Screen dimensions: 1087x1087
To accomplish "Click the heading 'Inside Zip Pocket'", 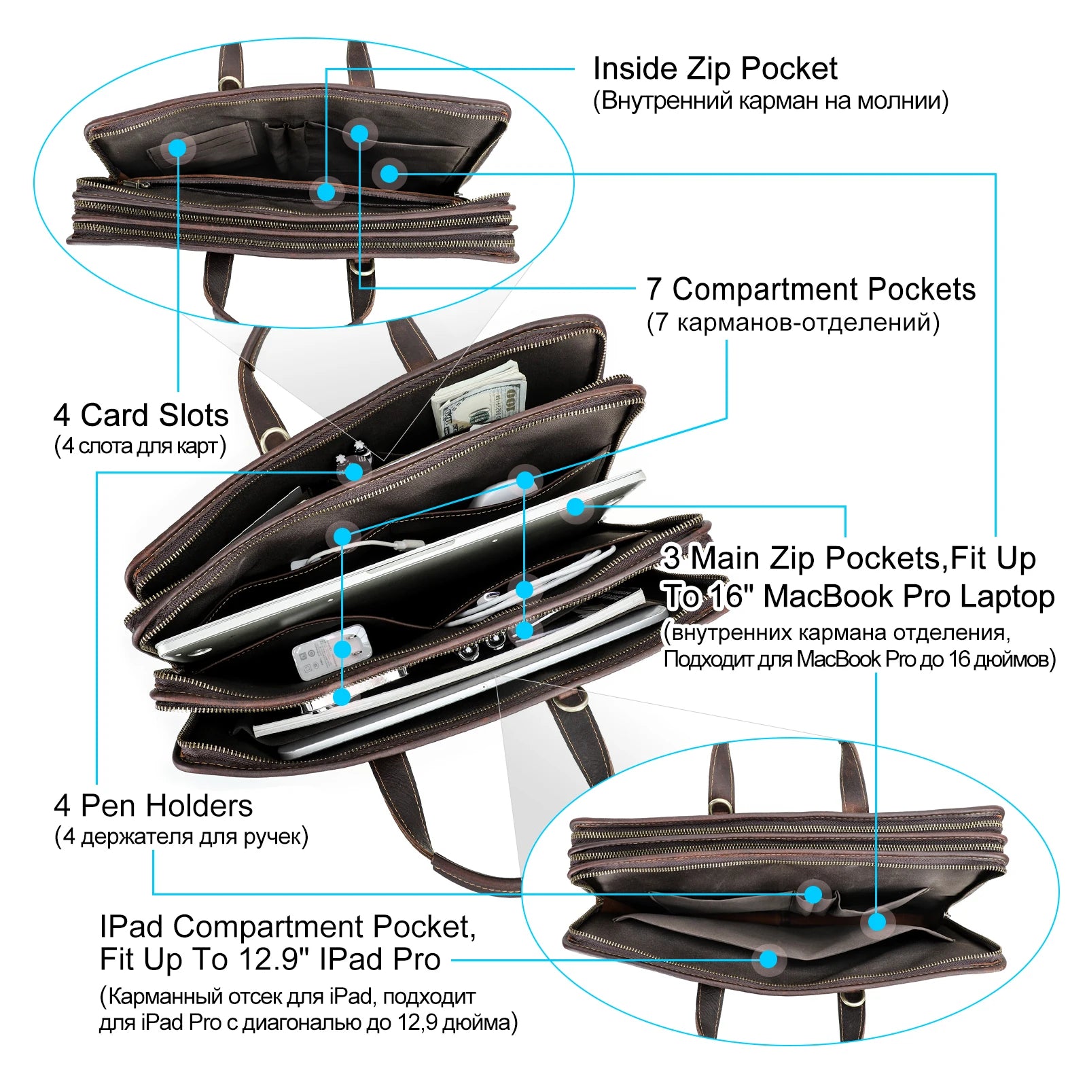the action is click(x=715, y=69).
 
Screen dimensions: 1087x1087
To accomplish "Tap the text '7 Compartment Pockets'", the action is click(x=810, y=289).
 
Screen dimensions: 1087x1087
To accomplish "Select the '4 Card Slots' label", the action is click(x=141, y=414).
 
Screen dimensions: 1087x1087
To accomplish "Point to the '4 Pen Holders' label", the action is click(x=153, y=806).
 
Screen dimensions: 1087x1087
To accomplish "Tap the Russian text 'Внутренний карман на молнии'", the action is click(x=770, y=101).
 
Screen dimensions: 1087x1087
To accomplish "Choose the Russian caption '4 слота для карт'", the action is click(x=140, y=446).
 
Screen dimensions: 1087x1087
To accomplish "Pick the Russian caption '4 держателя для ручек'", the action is click(x=181, y=836).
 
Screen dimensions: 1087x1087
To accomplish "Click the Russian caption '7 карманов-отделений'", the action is click(x=793, y=322).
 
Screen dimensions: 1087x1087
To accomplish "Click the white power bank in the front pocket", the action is click(x=331, y=652).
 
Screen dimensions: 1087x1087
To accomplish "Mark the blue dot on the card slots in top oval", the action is click(x=177, y=147).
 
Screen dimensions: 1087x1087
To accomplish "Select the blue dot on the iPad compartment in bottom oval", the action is click(x=768, y=959).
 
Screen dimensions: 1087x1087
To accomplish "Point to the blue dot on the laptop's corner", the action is click(x=575, y=507).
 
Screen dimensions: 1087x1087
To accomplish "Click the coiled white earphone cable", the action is click(x=537, y=584).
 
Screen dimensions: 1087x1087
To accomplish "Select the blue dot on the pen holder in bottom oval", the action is click(x=813, y=894).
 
